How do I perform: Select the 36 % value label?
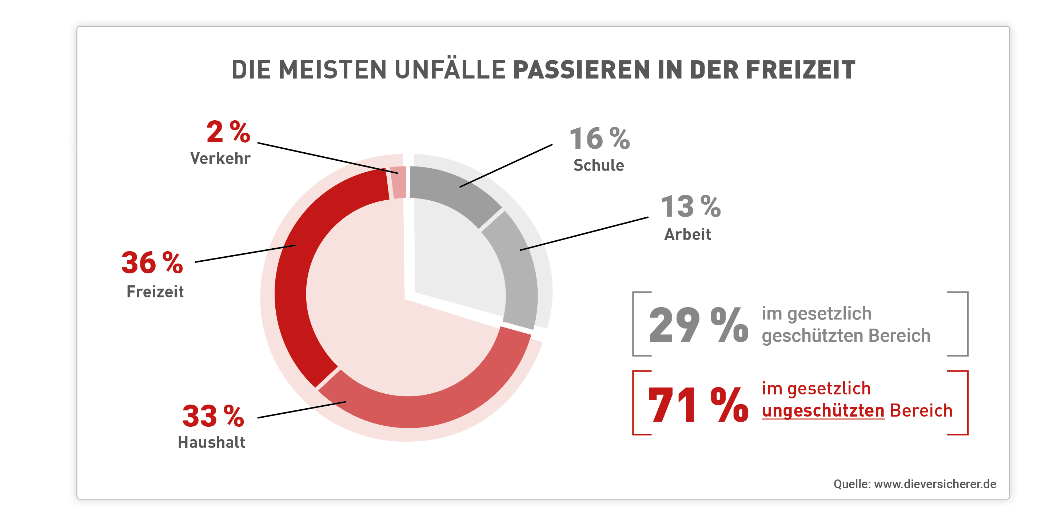point(152,262)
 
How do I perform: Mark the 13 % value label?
point(691,206)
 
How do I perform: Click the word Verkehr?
point(220,158)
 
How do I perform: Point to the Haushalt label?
point(212,442)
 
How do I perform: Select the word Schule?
point(599,165)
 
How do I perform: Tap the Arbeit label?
point(688,234)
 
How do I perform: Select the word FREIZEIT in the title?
point(801,69)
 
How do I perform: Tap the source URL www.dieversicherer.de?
point(935,484)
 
